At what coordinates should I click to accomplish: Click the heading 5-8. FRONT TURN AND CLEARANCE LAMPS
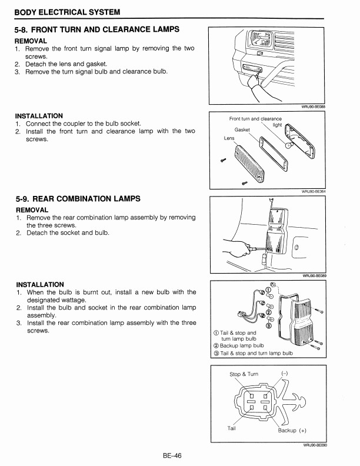pos(98,29)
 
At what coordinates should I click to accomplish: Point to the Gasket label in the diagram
pos(242,129)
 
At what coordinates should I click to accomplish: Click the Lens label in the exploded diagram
pos(229,138)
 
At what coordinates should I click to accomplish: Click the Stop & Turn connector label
pos(244,374)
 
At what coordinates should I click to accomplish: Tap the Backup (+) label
pos(292,430)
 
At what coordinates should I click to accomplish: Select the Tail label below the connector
pos(232,428)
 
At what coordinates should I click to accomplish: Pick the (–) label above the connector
pos(285,374)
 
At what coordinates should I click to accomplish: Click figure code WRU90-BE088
pos(314,106)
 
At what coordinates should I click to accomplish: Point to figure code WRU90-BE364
pos(314,191)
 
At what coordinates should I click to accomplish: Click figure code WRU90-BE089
pos(314,275)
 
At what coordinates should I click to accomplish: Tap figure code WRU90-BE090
pos(314,445)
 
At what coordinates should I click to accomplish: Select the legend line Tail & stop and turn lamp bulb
pos(256,353)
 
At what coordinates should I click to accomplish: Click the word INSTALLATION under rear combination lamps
pos(40,284)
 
